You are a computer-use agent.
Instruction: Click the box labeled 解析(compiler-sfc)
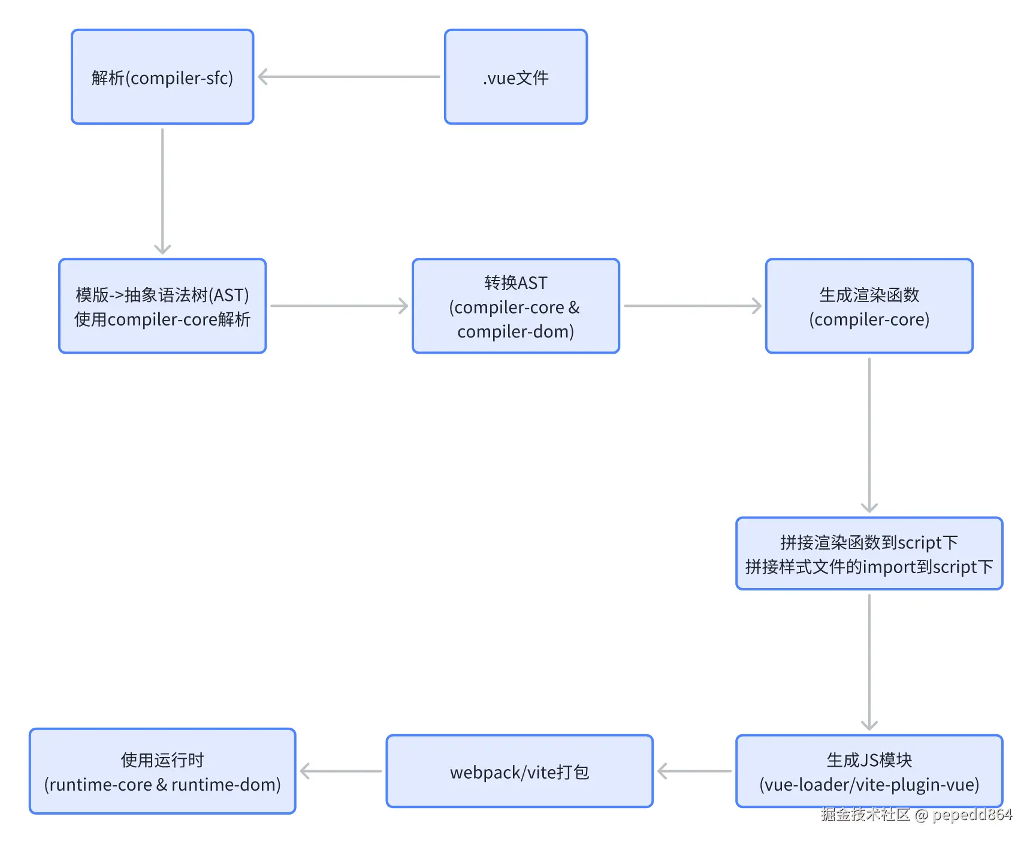162,77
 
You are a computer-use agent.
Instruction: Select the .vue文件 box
515,77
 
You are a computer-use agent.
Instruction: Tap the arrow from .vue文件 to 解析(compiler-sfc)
349,77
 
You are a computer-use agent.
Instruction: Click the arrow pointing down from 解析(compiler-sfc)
162,191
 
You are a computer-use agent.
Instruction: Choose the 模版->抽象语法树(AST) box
162,306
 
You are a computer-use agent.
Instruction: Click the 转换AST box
515,306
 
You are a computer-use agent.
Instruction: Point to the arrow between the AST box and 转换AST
339,306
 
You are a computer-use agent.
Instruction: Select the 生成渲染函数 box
869,306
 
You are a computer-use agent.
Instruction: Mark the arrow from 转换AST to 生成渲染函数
692,306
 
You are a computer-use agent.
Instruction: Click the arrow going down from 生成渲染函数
869,435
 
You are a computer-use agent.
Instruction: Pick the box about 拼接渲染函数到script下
869,554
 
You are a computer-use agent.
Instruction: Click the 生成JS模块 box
869,771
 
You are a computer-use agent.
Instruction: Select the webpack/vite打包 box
519,771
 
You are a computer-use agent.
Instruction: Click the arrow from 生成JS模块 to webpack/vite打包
694,771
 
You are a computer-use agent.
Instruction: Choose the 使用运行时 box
162,771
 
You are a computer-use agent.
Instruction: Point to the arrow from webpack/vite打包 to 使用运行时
340,771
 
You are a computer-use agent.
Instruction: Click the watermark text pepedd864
972,815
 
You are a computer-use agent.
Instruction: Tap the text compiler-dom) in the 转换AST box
515,331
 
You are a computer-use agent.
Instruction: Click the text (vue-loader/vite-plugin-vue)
869,785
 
